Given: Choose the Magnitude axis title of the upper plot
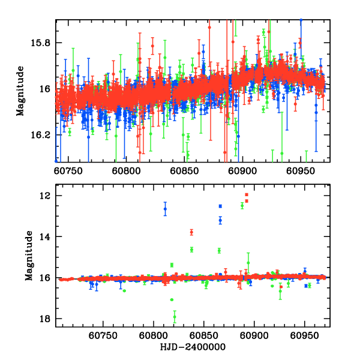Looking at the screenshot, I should pyautogui.click(x=20, y=90).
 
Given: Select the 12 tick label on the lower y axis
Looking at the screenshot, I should pyautogui.click(x=44, y=196).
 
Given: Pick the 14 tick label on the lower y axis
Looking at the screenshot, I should pyautogui.click(x=44, y=237).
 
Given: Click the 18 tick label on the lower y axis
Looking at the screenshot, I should pyautogui.click(x=44, y=319).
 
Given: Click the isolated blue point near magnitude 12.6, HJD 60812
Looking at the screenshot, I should pyautogui.click(x=166, y=208).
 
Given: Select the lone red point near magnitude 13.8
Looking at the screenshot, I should pyautogui.click(x=191, y=232).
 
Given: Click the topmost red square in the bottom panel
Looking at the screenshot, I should pyautogui.click(x=247, y=195).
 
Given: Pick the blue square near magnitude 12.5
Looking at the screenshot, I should pyautogui.click(x=220, y=206).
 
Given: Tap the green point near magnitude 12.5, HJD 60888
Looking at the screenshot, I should pyautogui.click(x=242, y=206).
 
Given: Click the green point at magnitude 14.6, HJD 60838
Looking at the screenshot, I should pyautogui.click(x=191, y=249).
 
